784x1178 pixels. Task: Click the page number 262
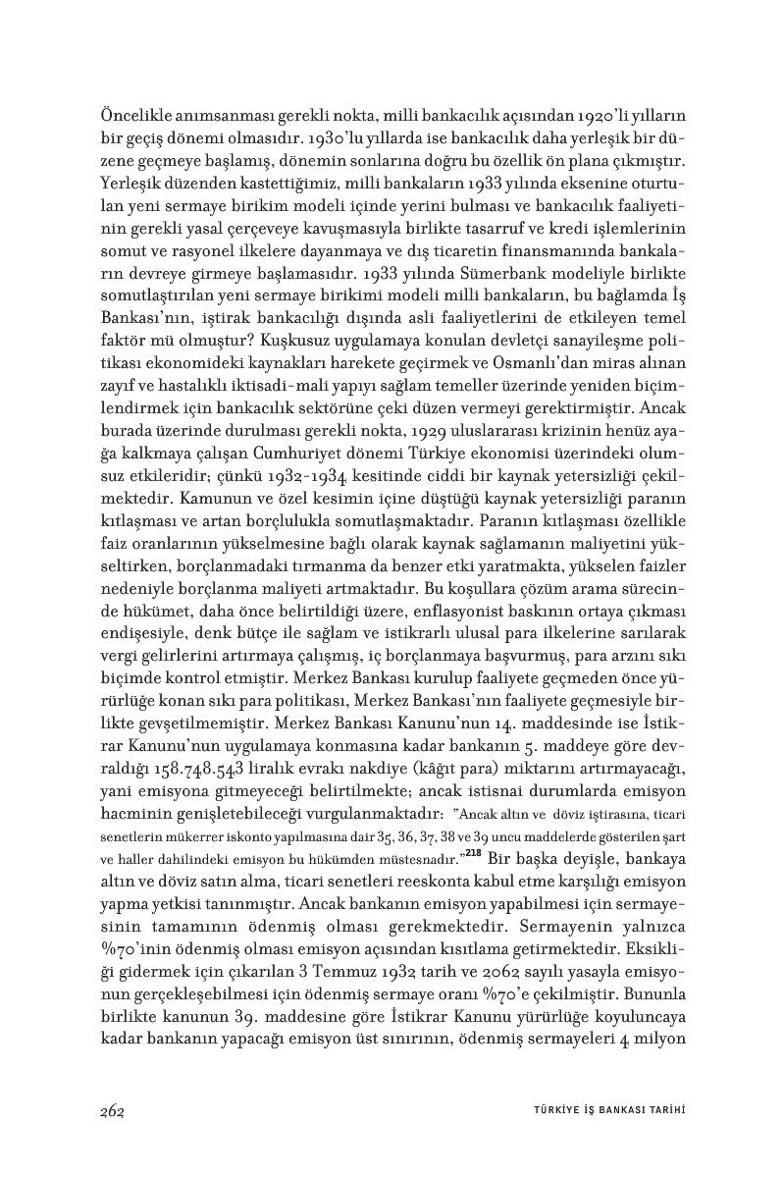111,1110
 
